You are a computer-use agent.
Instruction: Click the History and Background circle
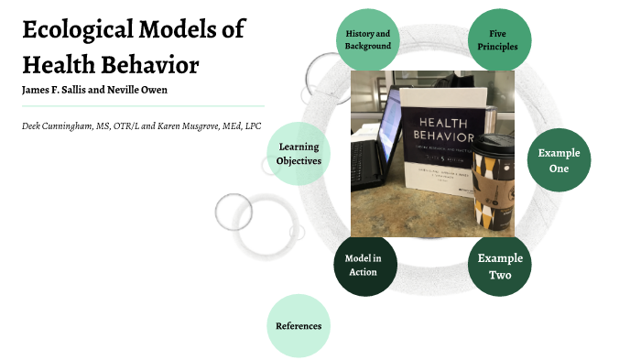(368, 40)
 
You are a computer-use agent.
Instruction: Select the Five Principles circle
(498, 40)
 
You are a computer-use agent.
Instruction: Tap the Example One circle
(560, 161)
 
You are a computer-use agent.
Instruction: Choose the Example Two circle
(499, 267)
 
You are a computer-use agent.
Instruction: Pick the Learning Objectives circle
(299, 154)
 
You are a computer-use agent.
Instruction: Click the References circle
(299, 325)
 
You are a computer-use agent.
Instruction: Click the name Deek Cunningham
(57, 125)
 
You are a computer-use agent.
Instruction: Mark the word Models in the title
(188, 29)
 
